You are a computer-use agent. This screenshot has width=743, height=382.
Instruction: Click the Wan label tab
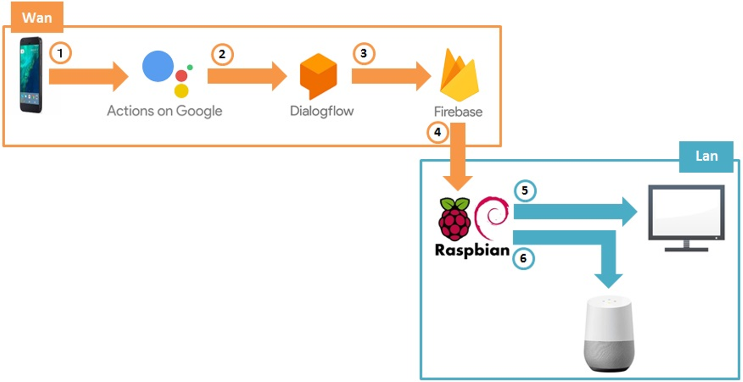[37, 18]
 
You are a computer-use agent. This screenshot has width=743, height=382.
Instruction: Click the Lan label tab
[706, 156]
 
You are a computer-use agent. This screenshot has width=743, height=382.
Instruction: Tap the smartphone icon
[31, 75]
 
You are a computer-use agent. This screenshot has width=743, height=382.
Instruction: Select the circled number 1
[60, 53]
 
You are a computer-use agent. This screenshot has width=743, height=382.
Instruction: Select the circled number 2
[222, 55]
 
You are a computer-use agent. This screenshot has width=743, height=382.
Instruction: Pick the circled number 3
[364, 55]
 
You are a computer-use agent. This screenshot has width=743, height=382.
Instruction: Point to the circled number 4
[438, 132]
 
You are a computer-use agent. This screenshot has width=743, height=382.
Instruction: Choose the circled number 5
[525, 191]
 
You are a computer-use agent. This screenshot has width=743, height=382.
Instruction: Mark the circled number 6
[523, 258]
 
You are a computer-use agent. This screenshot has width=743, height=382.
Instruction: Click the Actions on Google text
[165, 110]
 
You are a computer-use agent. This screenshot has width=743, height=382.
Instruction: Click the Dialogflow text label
[322, 111]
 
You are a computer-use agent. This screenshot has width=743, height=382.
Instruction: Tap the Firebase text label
[458, 112]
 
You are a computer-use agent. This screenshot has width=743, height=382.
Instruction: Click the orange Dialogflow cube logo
[318, 76]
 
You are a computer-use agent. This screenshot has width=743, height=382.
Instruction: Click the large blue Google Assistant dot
[158, 66]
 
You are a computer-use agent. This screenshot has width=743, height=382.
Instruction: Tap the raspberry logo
[455, 219]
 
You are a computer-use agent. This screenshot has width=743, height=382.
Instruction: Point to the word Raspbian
[472, 250]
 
